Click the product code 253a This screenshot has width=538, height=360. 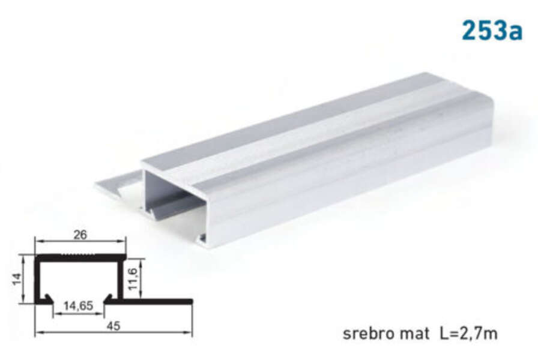click(492, 30)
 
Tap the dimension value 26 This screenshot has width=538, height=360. click(80, 235)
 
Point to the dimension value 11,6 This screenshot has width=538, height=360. click(133, 278)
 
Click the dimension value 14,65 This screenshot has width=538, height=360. click(78, 306)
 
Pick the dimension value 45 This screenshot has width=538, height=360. click(113, 326)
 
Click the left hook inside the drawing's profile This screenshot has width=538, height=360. click(48, 298)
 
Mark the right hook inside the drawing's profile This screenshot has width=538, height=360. click(109, 298)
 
